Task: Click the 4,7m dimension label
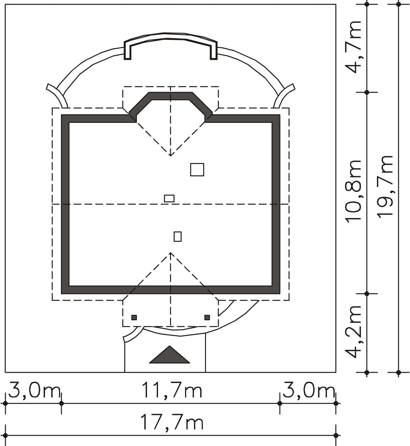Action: pos(353,47)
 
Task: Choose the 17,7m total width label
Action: pos(172,422)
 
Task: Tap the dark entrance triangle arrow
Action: pos(170,355)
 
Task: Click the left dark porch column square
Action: pos(134,317)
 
